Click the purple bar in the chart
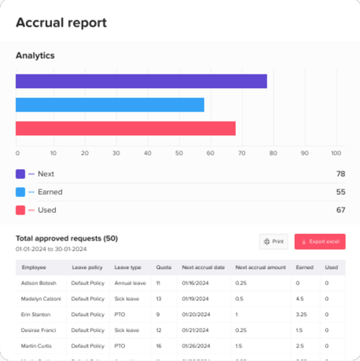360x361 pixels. coord(141,81)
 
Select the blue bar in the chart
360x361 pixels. coord(110,105)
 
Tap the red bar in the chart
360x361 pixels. coord(125,129)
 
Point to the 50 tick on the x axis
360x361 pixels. coord(179,153)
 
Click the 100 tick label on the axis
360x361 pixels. coord(336,153)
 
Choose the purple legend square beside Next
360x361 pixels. coord(20,174)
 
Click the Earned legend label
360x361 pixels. coord(50,192)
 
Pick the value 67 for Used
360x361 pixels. coord(341,210)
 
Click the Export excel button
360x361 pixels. coord(320,241)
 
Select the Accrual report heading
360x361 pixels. coord(61,23)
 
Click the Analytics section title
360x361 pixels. coord(35,55)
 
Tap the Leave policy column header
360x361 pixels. coord(87,267)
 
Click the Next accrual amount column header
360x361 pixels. coord(261,267)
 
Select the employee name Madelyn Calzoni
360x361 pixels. coord(41,299)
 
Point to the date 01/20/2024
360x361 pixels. coord(196,314)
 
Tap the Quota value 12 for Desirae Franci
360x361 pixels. coord(159,330)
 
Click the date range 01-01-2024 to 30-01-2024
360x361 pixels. coord(51,249)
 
